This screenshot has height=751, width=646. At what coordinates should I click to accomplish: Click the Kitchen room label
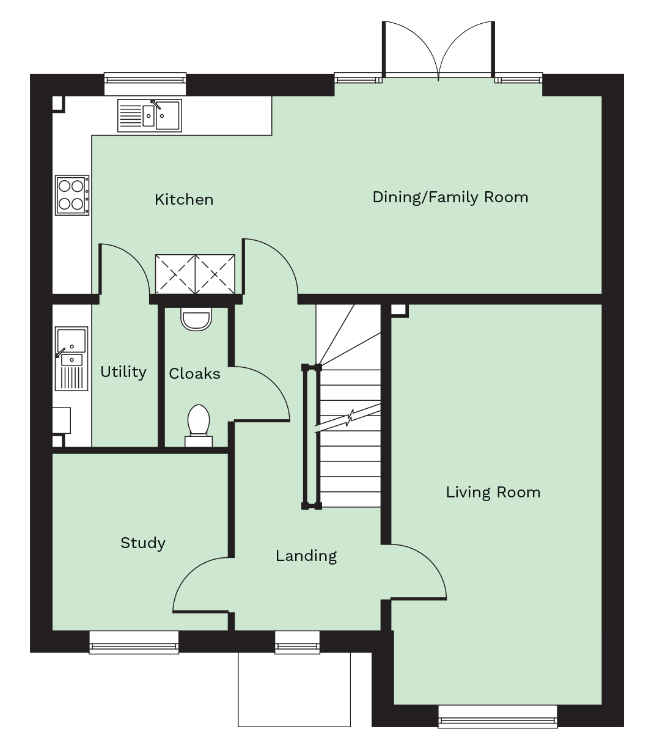(184, 199)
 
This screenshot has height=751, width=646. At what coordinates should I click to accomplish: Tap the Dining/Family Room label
(450, 197)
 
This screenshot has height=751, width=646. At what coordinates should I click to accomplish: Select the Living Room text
(493, 493)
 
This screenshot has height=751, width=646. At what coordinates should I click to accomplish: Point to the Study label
(143, 543)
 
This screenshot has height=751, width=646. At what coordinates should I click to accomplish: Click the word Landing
(306, 556)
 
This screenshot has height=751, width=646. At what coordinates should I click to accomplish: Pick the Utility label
(123, 372)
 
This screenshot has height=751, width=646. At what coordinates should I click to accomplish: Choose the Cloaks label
(194, 373)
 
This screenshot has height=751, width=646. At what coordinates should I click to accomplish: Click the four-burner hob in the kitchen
(72, 195)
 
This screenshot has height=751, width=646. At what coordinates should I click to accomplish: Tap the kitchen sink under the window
(149, 115)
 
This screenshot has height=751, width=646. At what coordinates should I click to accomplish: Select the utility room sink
(72, 359)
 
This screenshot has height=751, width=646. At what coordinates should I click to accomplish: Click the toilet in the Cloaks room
(199, 425)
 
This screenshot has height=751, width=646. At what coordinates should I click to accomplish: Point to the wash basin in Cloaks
(196, 318)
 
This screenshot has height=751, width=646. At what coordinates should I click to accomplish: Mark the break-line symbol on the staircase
(347, 418)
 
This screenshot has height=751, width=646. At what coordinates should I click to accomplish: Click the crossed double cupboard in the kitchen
(195, 274)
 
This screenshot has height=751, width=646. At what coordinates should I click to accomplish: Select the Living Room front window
(497, 717)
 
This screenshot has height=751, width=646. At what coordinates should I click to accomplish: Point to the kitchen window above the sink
(145, 84)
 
